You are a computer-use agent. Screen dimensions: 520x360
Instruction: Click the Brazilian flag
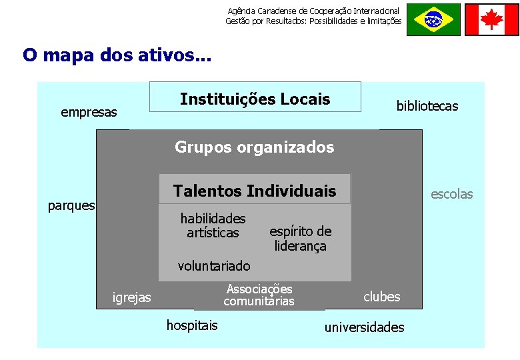click(433, 19)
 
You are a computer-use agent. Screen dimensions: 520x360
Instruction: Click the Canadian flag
click(491, 19)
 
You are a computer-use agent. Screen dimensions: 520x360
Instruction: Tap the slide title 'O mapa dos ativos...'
click(116, 55)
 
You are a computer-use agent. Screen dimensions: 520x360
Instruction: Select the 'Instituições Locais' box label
click(255, 99)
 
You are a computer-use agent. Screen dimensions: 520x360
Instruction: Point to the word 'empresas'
click(89, 112)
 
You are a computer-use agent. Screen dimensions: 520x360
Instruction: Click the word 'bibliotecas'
click(427, 106)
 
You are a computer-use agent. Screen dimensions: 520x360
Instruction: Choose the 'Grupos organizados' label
click(254, 147)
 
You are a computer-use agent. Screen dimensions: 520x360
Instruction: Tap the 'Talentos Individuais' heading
click(255, 191)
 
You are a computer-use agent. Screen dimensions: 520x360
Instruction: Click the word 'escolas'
click(451, 194)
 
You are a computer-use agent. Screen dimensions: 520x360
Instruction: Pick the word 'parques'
click(71, 205)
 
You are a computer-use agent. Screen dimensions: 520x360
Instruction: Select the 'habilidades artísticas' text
click(213, 225)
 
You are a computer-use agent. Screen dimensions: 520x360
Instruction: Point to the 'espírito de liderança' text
click(300, 239)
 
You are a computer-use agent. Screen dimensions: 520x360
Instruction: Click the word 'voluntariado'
click(214, 266)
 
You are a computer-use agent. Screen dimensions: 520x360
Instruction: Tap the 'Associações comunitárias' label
click(259, 295)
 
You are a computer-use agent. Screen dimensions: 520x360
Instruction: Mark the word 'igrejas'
click(132, 297)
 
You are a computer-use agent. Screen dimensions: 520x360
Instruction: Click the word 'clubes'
click(381, 297)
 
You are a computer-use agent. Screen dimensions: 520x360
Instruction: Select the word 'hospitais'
click(191, 325)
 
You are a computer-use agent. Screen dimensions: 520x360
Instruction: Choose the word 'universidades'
click(364, 327)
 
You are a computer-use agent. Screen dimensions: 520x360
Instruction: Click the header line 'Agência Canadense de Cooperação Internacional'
click(313, 11)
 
